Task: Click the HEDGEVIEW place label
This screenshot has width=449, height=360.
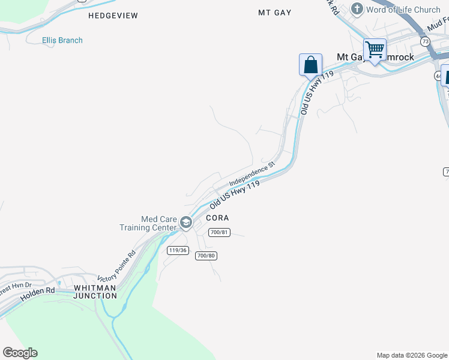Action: click(113, 16)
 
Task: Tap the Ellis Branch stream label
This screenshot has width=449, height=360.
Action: click(62, 40)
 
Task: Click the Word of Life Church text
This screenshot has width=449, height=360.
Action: click(403, 10)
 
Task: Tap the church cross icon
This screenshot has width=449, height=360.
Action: click(357, 9)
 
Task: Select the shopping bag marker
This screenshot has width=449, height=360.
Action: click(310, 64)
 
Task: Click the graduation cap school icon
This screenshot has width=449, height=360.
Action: click(186, 223)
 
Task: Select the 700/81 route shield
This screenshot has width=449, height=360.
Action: click(219, 233)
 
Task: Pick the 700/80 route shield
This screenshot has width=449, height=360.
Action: click(205, 256)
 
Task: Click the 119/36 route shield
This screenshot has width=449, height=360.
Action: click(177, 250)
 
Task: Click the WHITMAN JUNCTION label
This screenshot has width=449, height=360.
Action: click(95, 292)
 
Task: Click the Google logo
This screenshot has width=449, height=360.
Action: click(20, 353)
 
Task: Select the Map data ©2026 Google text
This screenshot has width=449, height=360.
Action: click(411, 355)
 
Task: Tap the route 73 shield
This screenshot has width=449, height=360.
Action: click(426, 41)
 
